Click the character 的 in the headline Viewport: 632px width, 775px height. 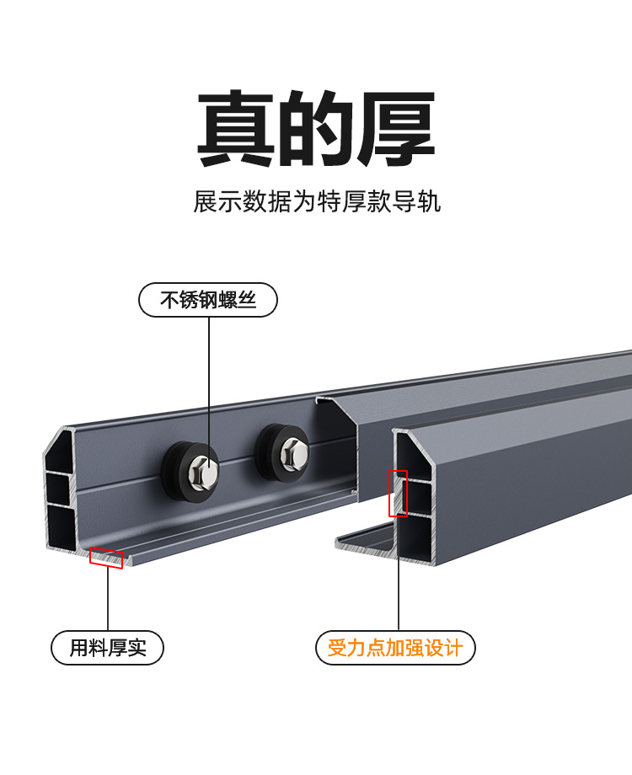316,130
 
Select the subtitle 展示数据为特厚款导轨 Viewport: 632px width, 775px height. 317,203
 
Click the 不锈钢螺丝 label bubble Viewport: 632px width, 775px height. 208,300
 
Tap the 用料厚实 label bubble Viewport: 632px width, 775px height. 108,648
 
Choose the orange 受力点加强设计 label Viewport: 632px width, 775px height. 395,648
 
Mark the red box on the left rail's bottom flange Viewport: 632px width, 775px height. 106,559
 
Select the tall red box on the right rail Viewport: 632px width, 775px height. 398,493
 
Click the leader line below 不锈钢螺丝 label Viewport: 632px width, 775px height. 209,379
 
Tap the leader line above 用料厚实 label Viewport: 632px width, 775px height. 108,598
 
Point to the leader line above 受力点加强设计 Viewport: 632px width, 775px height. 398,581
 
